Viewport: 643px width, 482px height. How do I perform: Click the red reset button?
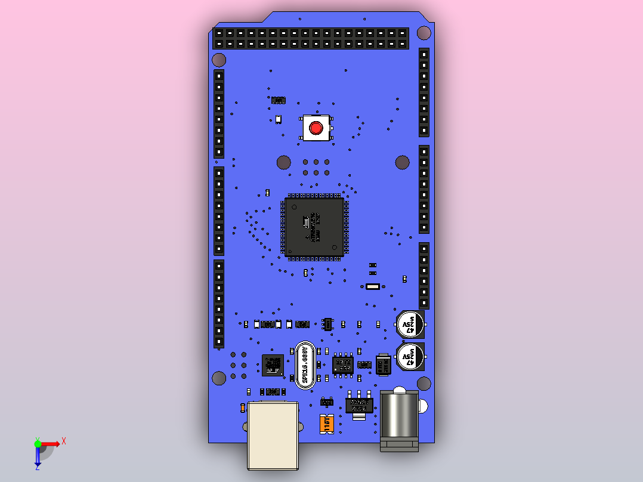pyautogui.click(x=316, y=128)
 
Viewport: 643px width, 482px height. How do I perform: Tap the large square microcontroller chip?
pyautogui.click(x=314, y=227)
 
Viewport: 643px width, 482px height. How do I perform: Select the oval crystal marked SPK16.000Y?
pyautogui.click(x=305, y=365)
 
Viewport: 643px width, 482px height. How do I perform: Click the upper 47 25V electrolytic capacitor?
pyautogui.click(x=410, y=325)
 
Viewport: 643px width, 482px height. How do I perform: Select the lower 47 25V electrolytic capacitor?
pyautogui.click(x=410, y=357)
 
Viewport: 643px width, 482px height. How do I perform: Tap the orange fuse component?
pyautogui.click(x=326, y=424)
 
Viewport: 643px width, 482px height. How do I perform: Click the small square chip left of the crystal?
pyautogui.click(x=273, y=365)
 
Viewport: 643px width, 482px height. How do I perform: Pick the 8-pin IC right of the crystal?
pyautogui.click(x=343, y=364)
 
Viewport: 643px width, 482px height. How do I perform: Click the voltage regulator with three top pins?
pyautogui.click(x=359, y=405)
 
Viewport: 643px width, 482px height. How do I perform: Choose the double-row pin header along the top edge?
pyautogui.click(x=310, y=38)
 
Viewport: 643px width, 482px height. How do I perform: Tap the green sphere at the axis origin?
pyautogui.click(x=38, y=444)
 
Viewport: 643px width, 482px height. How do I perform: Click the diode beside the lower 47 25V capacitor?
pyautogui.click(x=383, y=365)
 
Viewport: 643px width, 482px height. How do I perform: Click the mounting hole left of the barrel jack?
pyautogui.click(x=220, y=378)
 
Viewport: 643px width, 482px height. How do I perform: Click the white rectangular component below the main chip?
pyautogui.click(x=373, y=287)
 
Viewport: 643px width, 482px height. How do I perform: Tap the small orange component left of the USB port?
pyautogui.click(x=242, y=408)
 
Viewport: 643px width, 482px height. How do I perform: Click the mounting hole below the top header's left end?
pyautogui.click(x=219, y=60)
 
